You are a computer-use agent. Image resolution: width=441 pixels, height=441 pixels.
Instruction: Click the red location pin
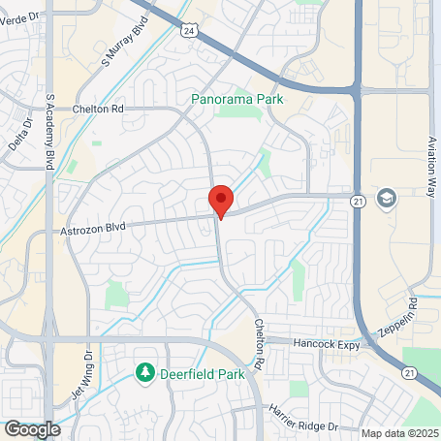tap(221, 200)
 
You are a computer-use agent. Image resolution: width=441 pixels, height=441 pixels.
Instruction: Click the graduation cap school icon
tap(388, 198)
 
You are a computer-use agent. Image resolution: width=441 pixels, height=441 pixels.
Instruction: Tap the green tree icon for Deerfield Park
tap(145, 371)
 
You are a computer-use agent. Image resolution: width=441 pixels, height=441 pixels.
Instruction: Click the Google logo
tap(32, 428)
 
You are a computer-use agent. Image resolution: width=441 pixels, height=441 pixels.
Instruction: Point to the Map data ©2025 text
tap(399, 433)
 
